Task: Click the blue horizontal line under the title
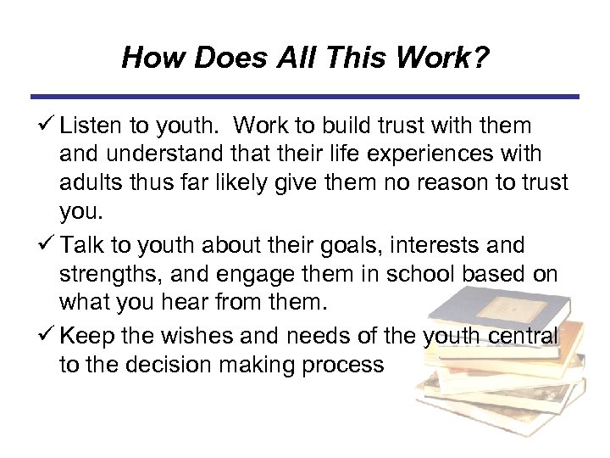[305, 97]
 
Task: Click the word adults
[88, 186]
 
